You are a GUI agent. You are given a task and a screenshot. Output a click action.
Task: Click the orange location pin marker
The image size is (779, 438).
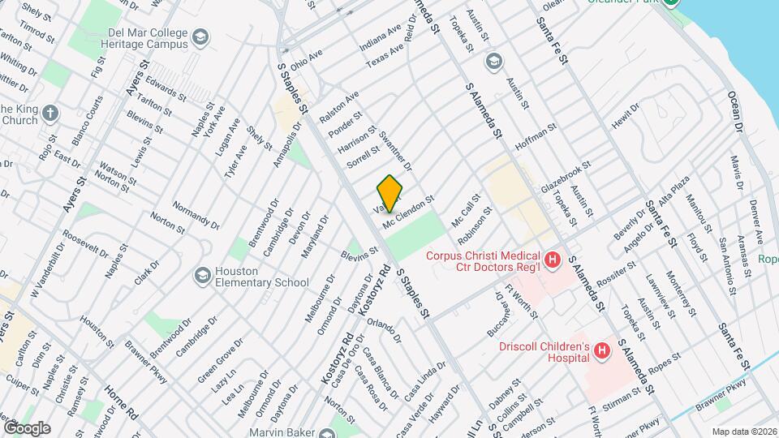[390, 194]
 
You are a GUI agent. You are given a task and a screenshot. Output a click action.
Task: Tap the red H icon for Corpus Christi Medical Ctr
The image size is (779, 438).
[553, 260]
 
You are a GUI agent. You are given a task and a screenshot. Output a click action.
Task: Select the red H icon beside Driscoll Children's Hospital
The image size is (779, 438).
[602, 350]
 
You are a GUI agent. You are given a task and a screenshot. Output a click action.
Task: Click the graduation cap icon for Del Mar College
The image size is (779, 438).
[200, 36]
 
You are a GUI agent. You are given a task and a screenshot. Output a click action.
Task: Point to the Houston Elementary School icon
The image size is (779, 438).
[200, 276]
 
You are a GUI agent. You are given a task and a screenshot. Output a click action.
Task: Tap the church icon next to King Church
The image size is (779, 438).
[50, 114]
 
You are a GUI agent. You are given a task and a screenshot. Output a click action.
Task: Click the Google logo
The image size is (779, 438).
[26, 427]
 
